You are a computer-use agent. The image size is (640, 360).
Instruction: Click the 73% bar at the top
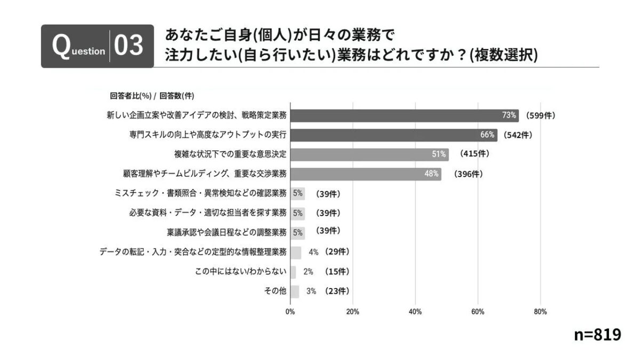(x=404, y=116)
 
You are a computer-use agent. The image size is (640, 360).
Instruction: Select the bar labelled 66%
(x=394, y=135)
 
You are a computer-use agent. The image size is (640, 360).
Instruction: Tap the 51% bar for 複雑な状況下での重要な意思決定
(x=369, y=155)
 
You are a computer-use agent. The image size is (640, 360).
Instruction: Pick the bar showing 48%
(x=365, y=174)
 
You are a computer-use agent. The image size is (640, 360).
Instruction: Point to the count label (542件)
(x=518, y=135)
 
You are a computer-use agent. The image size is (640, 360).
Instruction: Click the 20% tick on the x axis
(x=353, y=312)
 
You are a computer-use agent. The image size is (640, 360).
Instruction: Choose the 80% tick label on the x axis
(x=540, y=312)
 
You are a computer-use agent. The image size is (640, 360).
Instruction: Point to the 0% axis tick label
(x=290, y=312)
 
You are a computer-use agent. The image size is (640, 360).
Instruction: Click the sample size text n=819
(x=597, y=334)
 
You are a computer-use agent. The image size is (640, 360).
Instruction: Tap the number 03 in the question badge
(x=129, y=46)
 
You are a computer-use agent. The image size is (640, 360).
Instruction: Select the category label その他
(x=276, y=291)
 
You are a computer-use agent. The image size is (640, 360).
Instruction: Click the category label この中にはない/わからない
(x=242, y=271)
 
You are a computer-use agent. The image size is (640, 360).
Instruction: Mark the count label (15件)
(x=337, y=271)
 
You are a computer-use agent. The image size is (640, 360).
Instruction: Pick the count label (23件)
(x=337, y=291)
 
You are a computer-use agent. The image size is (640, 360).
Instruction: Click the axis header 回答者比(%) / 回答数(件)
(x=152, y=96)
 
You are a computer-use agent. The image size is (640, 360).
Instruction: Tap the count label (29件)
(x=337, y=252)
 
